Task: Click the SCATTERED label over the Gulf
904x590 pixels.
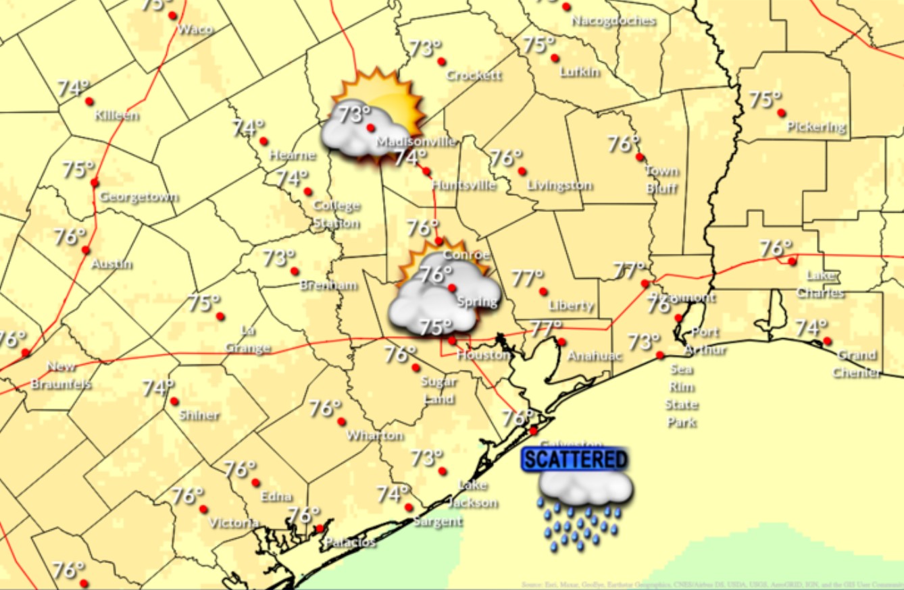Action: click(x=575, y=460)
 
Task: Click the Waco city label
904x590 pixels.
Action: click(x=195, y=30)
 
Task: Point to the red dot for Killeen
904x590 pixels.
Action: click(x=89, y=101)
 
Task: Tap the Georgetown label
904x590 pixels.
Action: click(x=139, y=197)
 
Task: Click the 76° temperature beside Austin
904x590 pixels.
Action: click(x=70, y=237)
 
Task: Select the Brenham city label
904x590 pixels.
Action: click(x=328, y=286)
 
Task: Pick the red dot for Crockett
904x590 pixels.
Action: click(x=441, y=61)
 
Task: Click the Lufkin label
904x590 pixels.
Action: click(x=580, y=72)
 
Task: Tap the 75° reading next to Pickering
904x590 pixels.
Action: click(x=765, y=100)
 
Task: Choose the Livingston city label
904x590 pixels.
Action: click(x=559, y=185)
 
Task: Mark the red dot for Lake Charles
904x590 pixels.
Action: click(x=792, y=261)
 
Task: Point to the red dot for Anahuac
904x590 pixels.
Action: click(x=561, y=342)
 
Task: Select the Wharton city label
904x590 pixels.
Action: click(x=375, y=435)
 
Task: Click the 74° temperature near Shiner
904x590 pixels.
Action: click(x=158, y=388)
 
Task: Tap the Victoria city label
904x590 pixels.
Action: click(x=234, y=523)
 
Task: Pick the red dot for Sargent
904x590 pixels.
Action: click(x=409, y=508)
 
